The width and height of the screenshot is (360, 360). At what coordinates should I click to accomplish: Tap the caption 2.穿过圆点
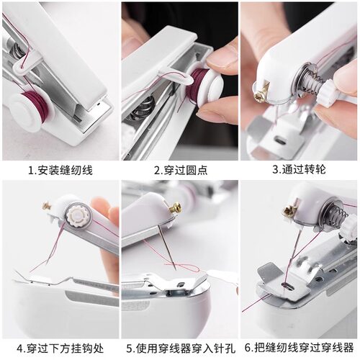(x=179, y=171)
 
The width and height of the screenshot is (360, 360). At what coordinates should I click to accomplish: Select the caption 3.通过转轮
(x=299, y=171)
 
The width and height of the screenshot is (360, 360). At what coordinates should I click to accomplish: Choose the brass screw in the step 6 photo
(x=289, y=210)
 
